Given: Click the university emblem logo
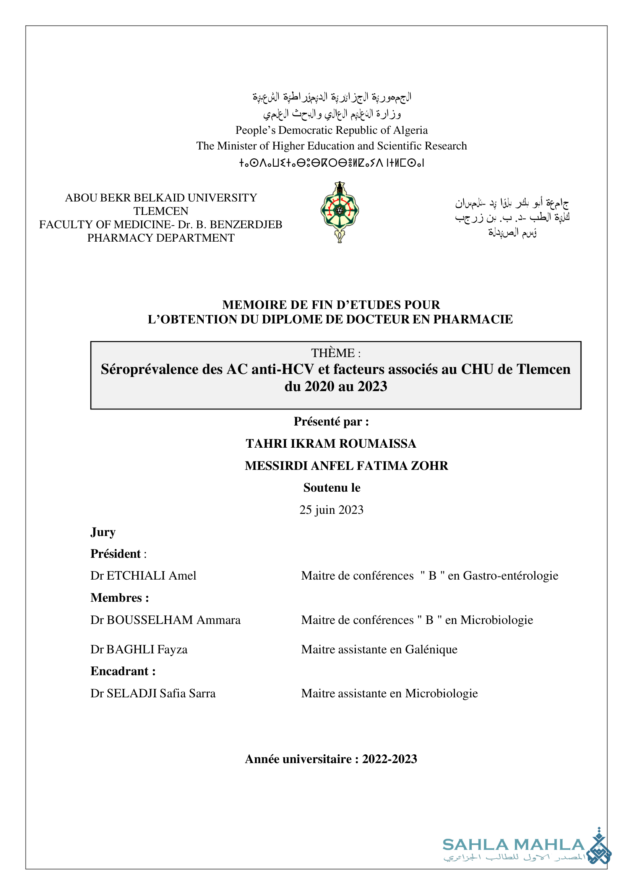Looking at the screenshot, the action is point(339,212).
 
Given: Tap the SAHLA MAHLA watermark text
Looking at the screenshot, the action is point(513,845).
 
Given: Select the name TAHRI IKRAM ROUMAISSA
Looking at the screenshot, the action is point(331,443).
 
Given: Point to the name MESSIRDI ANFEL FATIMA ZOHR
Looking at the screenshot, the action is point(347,465).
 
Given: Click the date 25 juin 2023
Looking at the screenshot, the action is point(331,510).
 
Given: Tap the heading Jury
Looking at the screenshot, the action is point(103,532).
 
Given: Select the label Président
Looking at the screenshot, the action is point(115,554).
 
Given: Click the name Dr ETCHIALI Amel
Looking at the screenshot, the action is point(143,576).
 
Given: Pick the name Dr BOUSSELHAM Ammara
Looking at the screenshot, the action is point(165,620).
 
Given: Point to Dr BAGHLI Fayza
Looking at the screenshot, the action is point(139,650).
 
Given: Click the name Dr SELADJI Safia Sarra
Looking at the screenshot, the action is point(153,694).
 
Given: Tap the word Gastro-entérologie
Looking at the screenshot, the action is point(511,576).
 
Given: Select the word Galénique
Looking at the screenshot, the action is point(431,650).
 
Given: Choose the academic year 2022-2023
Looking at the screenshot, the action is point(390,759).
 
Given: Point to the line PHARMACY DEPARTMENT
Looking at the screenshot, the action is point(161,238).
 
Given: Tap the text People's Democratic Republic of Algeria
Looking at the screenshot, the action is point(331,130).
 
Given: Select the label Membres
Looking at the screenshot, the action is point(117,598).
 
